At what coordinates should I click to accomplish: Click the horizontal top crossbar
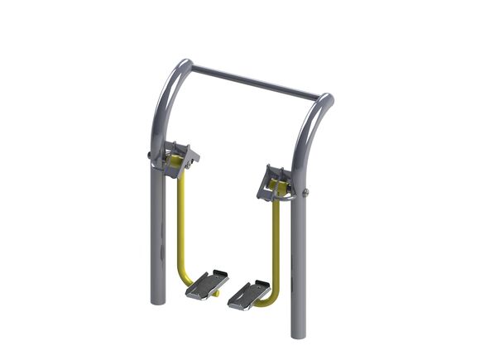pyautogui.click(x=252, y=80)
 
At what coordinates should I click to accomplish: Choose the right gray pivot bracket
pyautogui.click(x=277, y=181)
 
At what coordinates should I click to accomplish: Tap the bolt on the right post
pyautogui.click(x=307, y=193)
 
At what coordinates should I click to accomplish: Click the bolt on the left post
pyautogui.click(x=149, y=154)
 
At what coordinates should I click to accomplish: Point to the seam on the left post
pyautogui.click(x=156, y=166)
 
